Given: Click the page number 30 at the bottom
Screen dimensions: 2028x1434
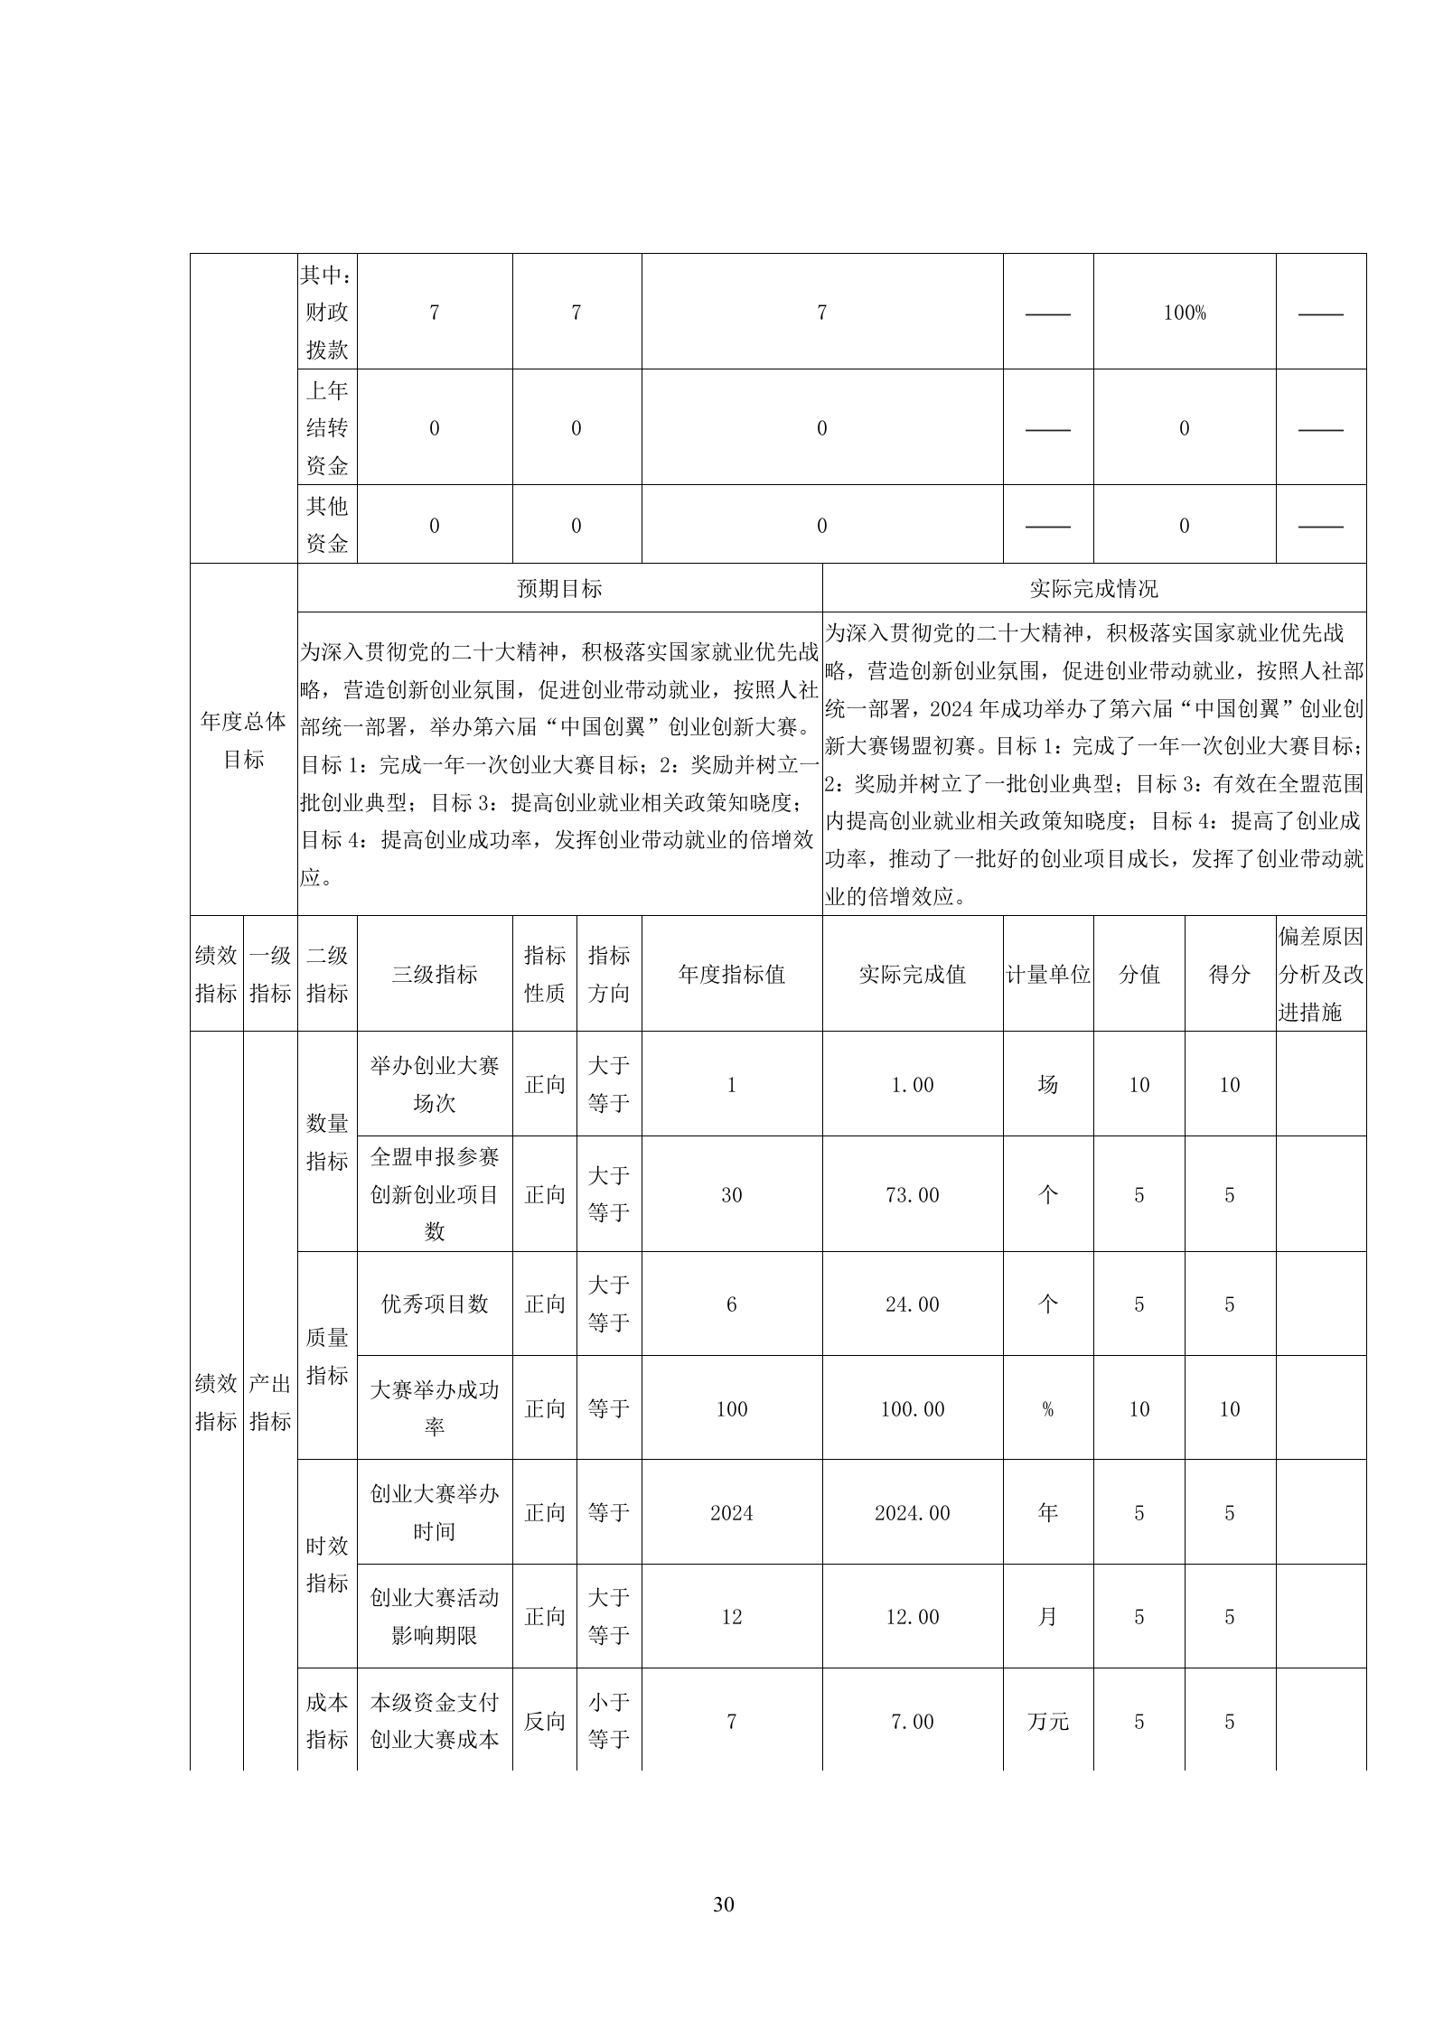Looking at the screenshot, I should pos(723,1904).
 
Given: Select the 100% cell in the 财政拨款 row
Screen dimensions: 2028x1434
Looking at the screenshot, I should pos(1184,313).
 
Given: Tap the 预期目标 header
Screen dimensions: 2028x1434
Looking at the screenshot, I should pos(559,589).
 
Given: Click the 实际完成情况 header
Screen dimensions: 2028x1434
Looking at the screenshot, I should pos(1093,589).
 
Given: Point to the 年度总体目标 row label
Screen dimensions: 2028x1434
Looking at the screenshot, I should pos(243,740).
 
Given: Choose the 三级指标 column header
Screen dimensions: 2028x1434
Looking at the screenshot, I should pos(435,974).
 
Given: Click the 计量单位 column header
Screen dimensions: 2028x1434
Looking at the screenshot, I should pos(1047,974).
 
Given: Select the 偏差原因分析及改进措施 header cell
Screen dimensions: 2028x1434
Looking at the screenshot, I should pos(1320,974).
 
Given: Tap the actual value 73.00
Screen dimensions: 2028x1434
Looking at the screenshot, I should pos(912,1195).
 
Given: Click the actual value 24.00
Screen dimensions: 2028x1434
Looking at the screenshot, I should pos(912,1304).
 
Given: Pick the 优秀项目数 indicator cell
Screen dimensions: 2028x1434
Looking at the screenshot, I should pos(435,1304).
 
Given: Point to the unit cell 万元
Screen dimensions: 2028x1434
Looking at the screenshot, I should pos(1047,1722).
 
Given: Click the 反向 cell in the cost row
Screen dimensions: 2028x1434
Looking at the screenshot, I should pos(544,1722).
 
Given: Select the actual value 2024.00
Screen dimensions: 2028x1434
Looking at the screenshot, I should pos(912,1513).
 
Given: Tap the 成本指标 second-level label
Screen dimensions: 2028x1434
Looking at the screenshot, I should pos(327,1721).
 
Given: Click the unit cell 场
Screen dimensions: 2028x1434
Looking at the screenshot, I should pos(1047,1084).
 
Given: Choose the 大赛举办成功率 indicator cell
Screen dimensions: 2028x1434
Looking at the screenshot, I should pos(435,1408).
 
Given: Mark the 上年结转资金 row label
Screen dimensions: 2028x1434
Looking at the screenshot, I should pos(327,427).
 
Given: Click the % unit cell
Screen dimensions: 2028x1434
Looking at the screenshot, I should pos(1047,1409).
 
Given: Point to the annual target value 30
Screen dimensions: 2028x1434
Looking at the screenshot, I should pos(731,1195).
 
